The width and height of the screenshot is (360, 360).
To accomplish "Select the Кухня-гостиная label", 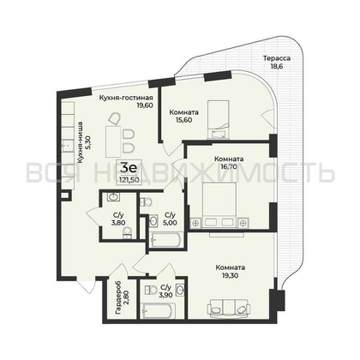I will click(x=124, y=98).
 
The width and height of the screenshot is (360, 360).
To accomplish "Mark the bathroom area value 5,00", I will click(x=169, y=221).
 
